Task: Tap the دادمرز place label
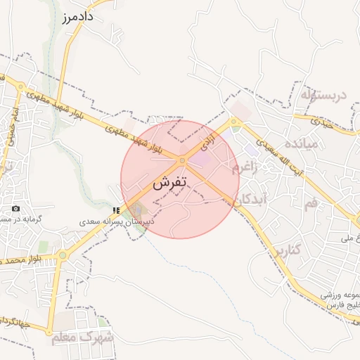tap(79, 15)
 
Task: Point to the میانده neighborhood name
tap(300, 144)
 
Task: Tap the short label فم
tap(310, 203)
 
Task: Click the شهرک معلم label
tap(82, 337)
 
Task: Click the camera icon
tap(16, 209)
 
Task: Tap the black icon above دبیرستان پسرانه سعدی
tap(115, 210)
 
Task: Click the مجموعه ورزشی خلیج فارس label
tap(340, 300)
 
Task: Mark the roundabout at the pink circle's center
tap(181, 161)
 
